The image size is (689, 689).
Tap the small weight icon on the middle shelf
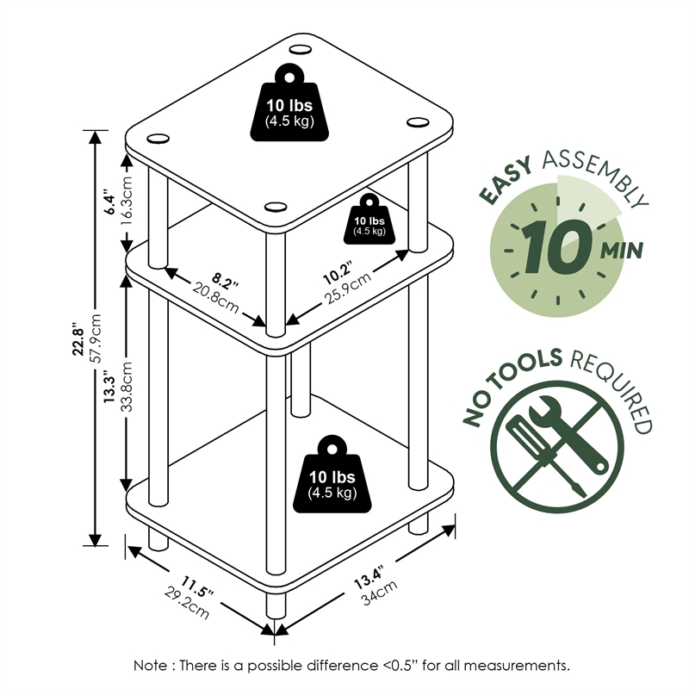click(369, 219)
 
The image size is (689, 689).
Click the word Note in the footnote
click(150, 666)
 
